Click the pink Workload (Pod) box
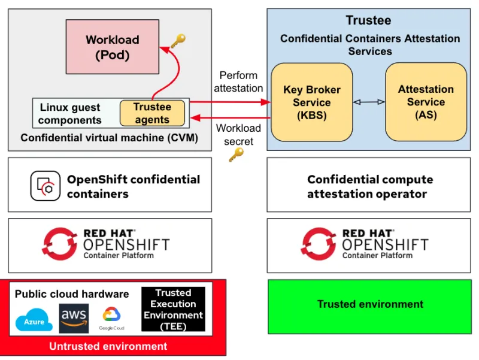[112, 47]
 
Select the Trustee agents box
[151, 113]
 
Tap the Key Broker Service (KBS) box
[311, 102]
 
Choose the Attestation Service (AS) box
[426, 102]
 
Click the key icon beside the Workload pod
[178, 41]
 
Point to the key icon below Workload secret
[236, 155]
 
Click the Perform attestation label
[238, 81]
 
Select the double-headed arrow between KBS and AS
[369, 102]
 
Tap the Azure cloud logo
[34, 321]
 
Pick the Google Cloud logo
[112, 317]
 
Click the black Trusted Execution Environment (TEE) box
[173, 309]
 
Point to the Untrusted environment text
[108, 346]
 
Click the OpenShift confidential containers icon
[46, 186]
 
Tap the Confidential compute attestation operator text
[369, 187]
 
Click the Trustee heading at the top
[368, 21]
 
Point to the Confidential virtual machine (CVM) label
[109, 138]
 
